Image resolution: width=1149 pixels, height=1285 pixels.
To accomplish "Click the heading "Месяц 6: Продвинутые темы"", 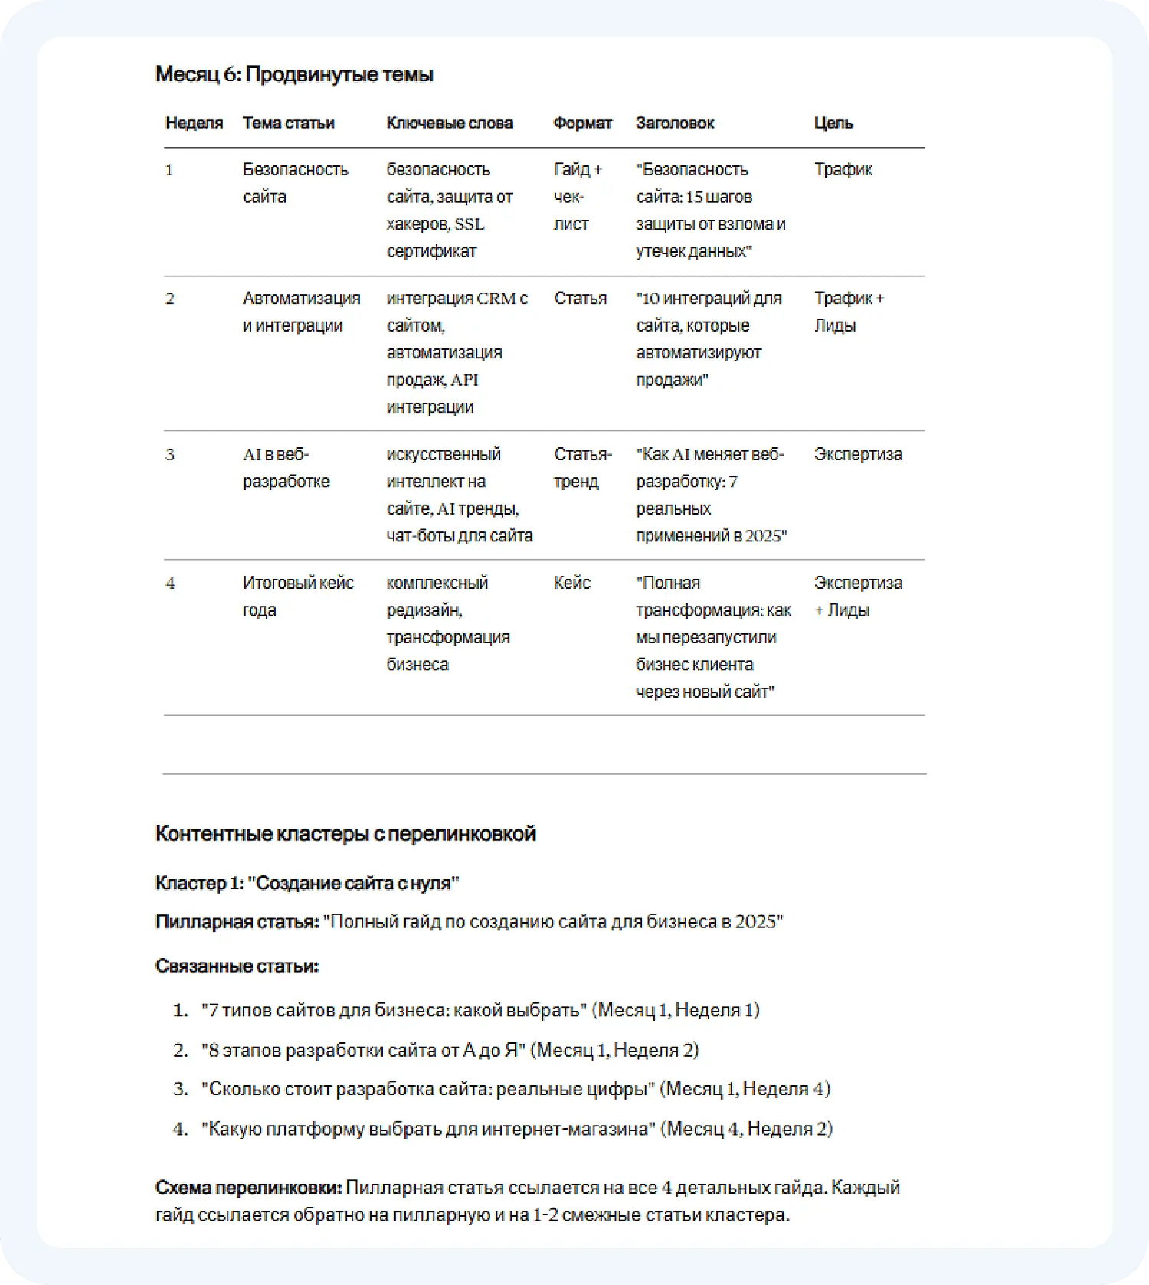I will pyautogui.click(x=294, y=74).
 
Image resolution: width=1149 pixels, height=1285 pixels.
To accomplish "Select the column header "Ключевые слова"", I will pyautogui.click(x=449, y=123).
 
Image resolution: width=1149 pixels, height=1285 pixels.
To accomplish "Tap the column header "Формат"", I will pyautogui.click(x=582, y=123).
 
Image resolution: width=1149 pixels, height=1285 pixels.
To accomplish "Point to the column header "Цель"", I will pyautogui.click(x=833, y=123).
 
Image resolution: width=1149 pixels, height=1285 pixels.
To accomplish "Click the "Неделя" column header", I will pyautogui.click(x=194, y=123).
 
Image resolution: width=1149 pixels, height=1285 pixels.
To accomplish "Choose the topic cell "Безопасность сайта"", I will pyautogui.click(x=295, y=183).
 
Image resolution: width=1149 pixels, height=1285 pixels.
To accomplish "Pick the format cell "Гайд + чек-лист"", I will pyautogui.click(x=577, y=197).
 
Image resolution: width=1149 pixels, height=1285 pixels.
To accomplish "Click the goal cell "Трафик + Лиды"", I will pyautogui.click(x=848, y=312).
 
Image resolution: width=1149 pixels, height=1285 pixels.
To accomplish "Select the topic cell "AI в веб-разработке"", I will pyautogui.click(x=286, y=468).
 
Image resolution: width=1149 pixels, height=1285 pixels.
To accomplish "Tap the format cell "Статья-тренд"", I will pyautogui.click(x=582, y=468).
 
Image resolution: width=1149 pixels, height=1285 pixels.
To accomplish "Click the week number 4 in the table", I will pyautogui.click(x=170, y=584).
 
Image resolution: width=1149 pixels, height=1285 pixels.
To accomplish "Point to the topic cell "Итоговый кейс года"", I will pyautogui.click(x=297, y=597).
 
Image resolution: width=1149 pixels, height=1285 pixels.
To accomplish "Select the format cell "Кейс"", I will pyautogui.click(x=571, y=584).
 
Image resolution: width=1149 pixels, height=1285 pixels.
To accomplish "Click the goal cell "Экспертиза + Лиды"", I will pyautogui.click(x=857, y=597).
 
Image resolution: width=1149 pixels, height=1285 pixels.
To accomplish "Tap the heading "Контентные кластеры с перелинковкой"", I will pyautogui.click(x=345, y=834).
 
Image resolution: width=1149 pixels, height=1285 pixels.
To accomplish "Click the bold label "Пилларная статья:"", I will pyautogui.click(x=237, y=922).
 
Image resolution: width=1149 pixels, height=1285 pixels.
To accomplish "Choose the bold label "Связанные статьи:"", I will pyautogui.click(x=236, y=966).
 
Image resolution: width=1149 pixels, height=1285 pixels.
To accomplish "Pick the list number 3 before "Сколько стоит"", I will pyautogui.click(x=180, y=1089).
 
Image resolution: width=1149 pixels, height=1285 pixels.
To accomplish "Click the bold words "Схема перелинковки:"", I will pyautogui.click(x=248, y=1188).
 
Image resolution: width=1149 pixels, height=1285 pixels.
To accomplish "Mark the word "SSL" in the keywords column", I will pyautogui.click(x=469, y=224).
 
